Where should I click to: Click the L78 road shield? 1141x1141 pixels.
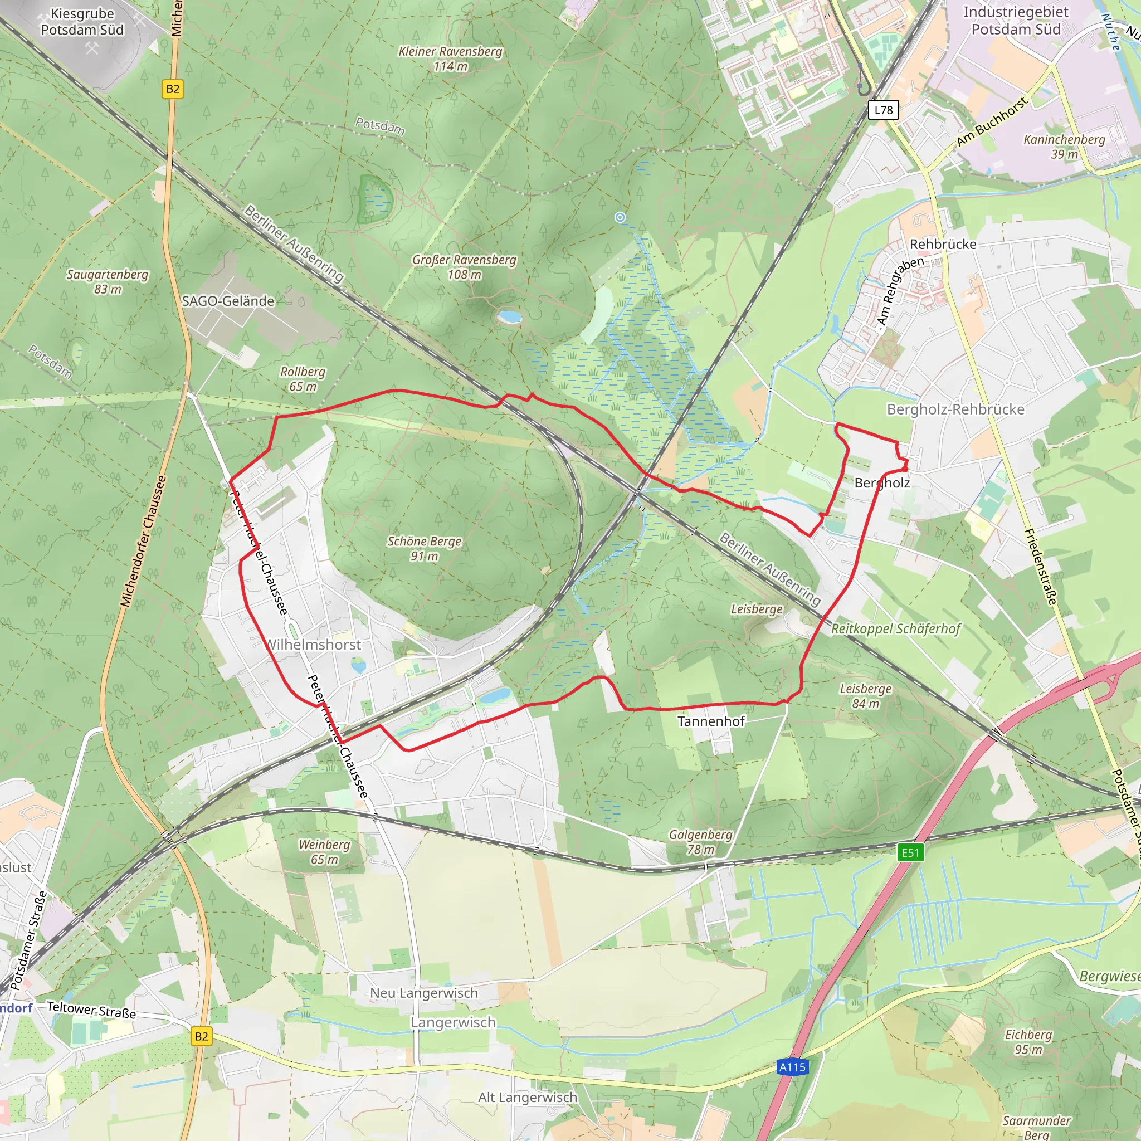pyautogui.click(x=884, y=110)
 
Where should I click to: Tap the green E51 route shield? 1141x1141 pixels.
pyautogui.click(x=910, y=852)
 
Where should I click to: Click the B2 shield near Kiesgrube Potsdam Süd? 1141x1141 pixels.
pyautogui.click(x=173, y=89)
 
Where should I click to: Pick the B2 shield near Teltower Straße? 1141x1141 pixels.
pyautogui.click(x=201, y=1036)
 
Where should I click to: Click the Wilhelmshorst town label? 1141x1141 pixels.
pyautogui.click(x=314, y=645)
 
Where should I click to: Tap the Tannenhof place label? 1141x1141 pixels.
pyautogui.click(x=711, y=721)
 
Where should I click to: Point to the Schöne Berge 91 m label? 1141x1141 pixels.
pyautogui.click(x=424, y=548)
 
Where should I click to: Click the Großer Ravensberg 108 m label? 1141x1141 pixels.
pyautogui.click(x=464, y=267)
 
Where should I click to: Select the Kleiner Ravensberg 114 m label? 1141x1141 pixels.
pyautogui.click(x=450, y=58)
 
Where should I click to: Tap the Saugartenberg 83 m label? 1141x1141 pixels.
pyautogui.click(x=108, y=282)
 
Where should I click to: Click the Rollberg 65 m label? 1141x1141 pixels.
pyautogui.click(x=303, y=378)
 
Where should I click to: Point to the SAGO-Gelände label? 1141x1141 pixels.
pyautogui.click(x=228, y=301)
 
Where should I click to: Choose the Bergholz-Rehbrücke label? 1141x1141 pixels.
pyautogui.click(x=955, y=409)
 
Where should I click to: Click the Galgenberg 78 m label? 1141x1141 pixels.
pyautogui.click(x=700, y=842)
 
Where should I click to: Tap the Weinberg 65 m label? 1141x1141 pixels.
pyautogui.click(x=324, y=852)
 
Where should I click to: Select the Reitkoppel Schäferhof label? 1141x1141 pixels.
pyautogui.click(x=896, y=629)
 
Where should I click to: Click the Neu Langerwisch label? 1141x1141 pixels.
pyautogui.click(x=424, y=993)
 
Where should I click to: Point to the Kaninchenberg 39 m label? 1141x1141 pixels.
pyautogui.click(x=1064, y=147)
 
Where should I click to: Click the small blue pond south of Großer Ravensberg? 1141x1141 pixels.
pyautogui.click(x=509, y=317)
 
